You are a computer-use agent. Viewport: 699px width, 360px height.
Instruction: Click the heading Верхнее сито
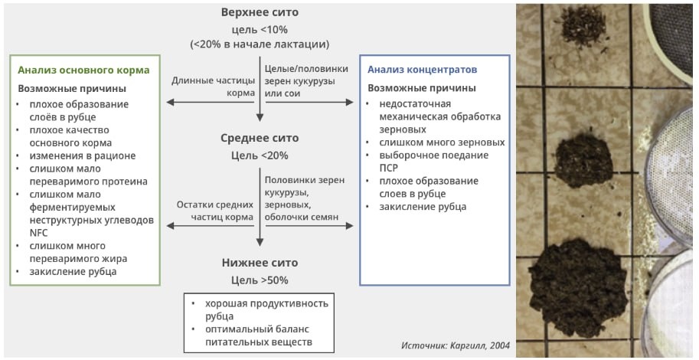click(260, 12)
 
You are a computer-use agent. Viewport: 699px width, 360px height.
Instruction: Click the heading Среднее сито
click(260, 138)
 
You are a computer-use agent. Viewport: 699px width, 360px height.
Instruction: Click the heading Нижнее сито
click(260, 262)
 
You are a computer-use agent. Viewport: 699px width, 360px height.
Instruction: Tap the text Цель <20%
click(260, 155)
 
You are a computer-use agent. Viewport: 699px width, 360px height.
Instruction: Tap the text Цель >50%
click(260, 280)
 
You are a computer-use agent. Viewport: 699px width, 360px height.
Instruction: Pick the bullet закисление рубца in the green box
click(73, 272)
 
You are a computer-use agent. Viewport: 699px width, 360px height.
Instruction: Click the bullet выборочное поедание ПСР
click(431, 161)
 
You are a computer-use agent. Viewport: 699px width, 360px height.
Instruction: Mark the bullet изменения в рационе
click(82, 155)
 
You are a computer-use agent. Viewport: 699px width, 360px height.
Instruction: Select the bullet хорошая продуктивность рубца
click(260, 309)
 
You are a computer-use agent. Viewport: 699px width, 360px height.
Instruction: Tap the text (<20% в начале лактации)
click(260, 44)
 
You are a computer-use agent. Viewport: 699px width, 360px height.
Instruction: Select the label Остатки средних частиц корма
click(214, 211)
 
